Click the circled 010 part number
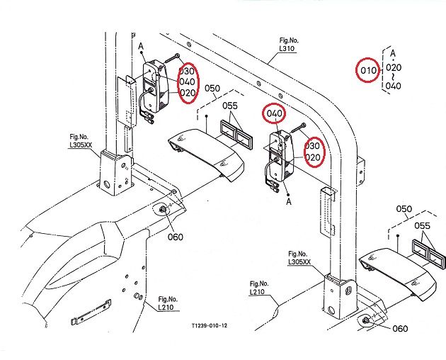(369, 70)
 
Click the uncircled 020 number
(394, 68)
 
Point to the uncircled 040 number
(394, 86)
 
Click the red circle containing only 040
(275, 113)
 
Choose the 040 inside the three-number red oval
(188, 82)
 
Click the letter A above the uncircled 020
(392, 52)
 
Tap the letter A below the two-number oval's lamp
(289, 201)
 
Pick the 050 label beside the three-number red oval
(212, 89)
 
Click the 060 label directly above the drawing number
(174, 237)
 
